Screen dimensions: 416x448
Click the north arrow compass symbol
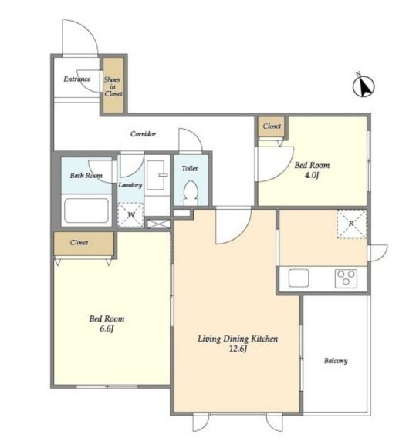[364, 86]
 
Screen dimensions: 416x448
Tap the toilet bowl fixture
[191, 193]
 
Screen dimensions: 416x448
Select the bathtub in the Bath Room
[86, 211]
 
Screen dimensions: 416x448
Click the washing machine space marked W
[130, 215]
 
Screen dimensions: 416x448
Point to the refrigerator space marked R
[352, 224]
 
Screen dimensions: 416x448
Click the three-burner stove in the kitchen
[346, 278]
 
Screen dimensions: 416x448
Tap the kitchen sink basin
[299, 278]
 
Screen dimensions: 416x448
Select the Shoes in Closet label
[113, 86]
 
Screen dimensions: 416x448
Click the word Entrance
[77, 79]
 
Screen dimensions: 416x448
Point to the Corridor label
[143, 133]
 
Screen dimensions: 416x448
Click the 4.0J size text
[311, 175]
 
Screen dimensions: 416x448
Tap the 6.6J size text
[107, 328]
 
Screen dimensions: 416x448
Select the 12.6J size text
[238, 349]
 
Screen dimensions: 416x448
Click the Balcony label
[336, 361]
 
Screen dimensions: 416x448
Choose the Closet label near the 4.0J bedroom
[272, 126]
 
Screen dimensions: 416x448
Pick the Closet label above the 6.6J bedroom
[79, 243]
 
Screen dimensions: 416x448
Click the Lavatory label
[130, 185]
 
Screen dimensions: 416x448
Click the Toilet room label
[190, 169]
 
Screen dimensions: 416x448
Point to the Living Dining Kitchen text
[238, 339]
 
